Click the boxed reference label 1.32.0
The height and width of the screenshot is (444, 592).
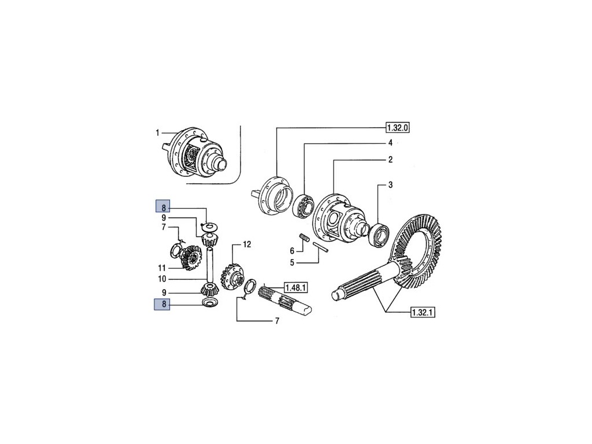[398, 128]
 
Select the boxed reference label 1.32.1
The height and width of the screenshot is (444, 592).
[423, 312]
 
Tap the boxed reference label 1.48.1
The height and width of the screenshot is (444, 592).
[295, 288]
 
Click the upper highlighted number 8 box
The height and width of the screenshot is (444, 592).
[163, 207]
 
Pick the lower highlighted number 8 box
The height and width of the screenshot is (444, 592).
[162, 304]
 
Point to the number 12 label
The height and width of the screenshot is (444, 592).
[246, 245]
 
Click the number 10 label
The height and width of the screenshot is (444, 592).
[162, 279]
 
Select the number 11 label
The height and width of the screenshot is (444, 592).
[162, 268]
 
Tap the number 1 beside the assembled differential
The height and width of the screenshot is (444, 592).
[157, 132]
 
